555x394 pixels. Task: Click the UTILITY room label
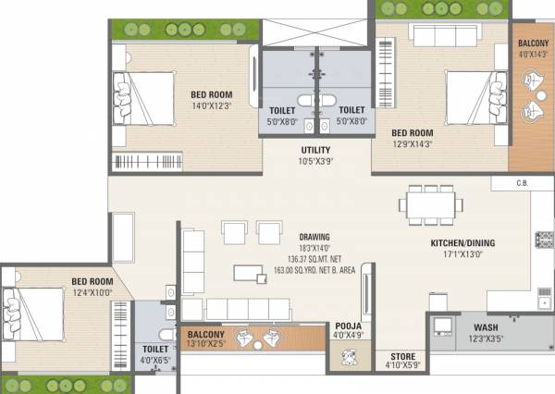click(316, 150)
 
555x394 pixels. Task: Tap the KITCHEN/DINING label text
click(462, 243)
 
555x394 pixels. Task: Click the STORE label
click(401, 357)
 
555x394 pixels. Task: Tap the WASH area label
click(486, 327)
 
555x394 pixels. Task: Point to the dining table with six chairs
click(432, 204)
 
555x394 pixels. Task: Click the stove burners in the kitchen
click(544, 241)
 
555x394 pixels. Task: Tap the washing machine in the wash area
click(443, 326)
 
